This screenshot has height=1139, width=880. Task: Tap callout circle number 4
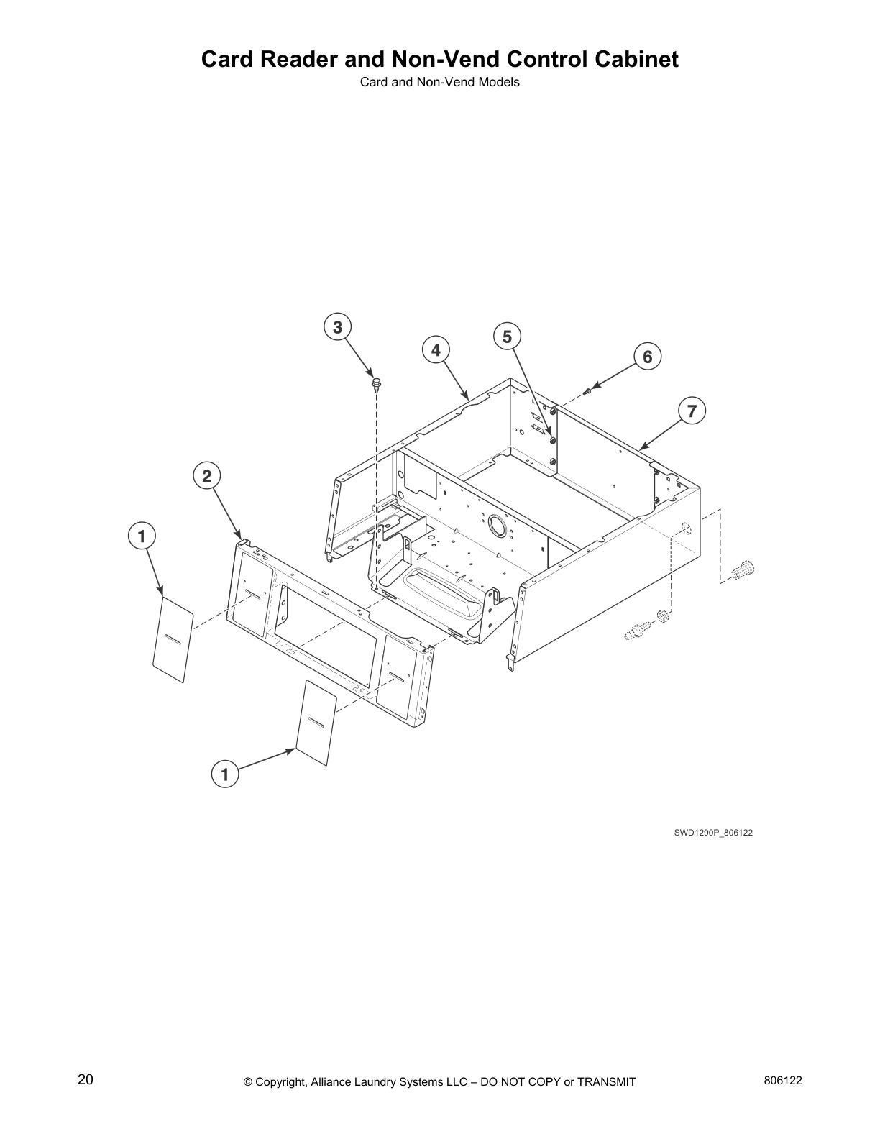click(x=436, y=350)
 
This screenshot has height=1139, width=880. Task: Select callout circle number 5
click(x=507, y=337)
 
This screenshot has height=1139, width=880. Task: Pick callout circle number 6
click(x=647, y=357)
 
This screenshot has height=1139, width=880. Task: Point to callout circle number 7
click(x=692, y=411)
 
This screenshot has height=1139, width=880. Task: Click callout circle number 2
click(x=206, y=475)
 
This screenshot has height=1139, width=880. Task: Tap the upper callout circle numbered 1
click(x=142, y=536)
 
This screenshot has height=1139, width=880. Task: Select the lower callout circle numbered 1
click(x=225, y=774)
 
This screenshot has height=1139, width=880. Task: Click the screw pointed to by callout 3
click(x=375, y=383)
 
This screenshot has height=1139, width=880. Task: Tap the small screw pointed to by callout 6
click(x=588, y=390)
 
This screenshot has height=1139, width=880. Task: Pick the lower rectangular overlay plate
click(x=316, y=721)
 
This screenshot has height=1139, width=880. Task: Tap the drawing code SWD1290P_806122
click(x=712, y=832)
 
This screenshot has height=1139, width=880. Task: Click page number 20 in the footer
click(x=85, y=1080)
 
